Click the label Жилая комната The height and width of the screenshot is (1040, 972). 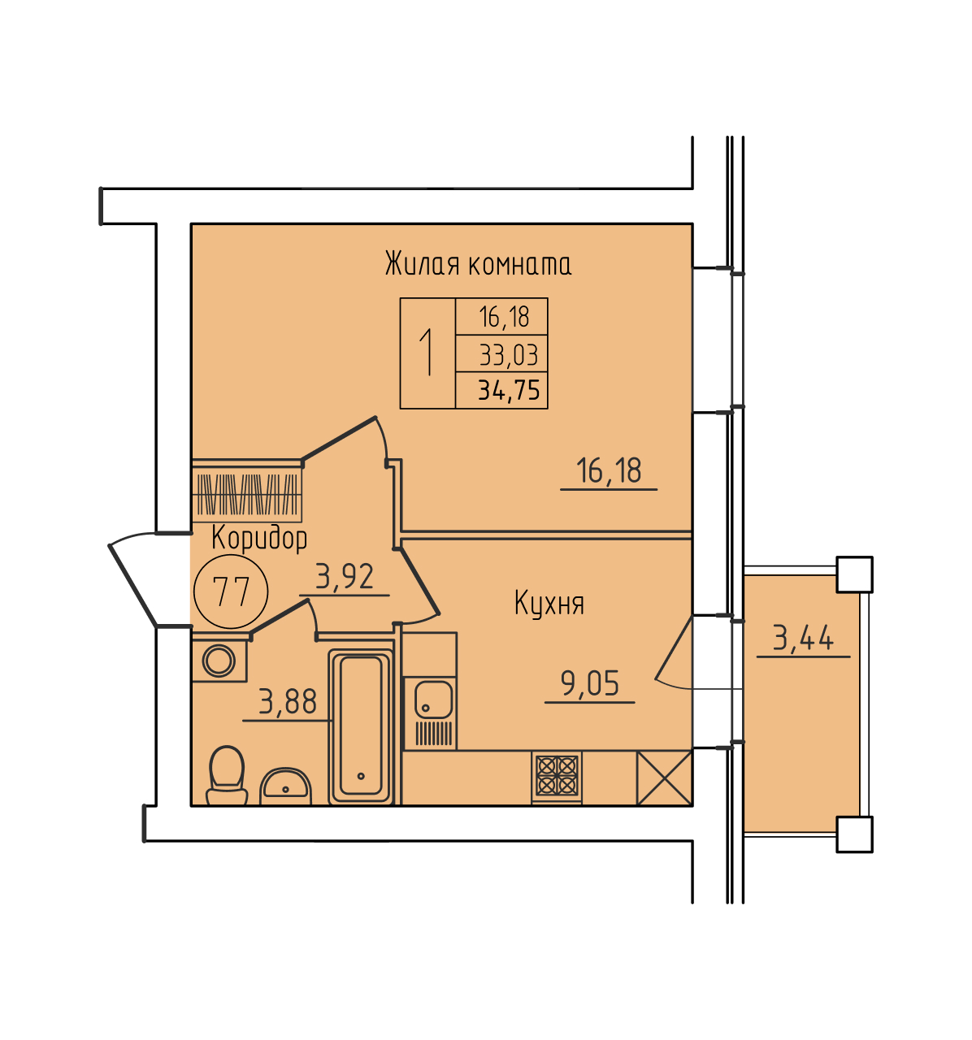click(477, 263)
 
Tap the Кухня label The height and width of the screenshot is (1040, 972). click(549, 604)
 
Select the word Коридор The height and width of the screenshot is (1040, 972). click(259, 538)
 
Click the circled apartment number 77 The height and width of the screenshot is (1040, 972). click(231, 591)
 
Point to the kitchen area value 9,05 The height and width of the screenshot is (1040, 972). click(589, 682)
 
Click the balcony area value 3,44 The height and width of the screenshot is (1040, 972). click(803, 639)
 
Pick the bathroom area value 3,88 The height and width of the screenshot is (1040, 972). click(288, 702)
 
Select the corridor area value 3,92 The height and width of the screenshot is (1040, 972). click(345, 576)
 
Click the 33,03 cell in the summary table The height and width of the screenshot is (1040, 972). click(508, 356)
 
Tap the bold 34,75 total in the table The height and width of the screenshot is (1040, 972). click(509, 390)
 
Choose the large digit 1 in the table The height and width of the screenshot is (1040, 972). click(426, 352)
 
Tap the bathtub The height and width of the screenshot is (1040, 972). click(361, 726)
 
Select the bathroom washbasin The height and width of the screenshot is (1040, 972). click(285, 786)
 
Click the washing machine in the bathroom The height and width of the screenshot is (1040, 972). click(219, 661)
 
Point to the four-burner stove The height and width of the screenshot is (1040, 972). click(557, 776)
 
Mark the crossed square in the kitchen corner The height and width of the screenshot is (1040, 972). click(664, 778)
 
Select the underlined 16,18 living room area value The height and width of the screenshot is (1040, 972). click(609, 470)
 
